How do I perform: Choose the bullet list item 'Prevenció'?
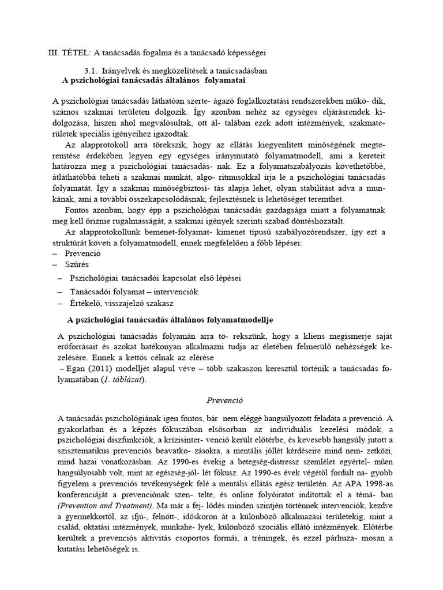point(84,253)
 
